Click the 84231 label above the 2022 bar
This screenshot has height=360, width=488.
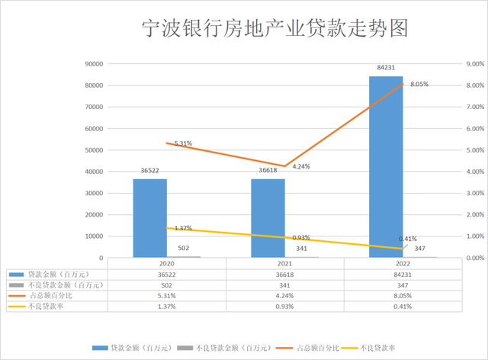386,69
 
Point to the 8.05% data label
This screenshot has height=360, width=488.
419,85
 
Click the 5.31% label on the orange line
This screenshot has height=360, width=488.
183,143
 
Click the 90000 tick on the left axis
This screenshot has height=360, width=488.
92,64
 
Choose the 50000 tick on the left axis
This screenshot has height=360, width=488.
92,150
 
